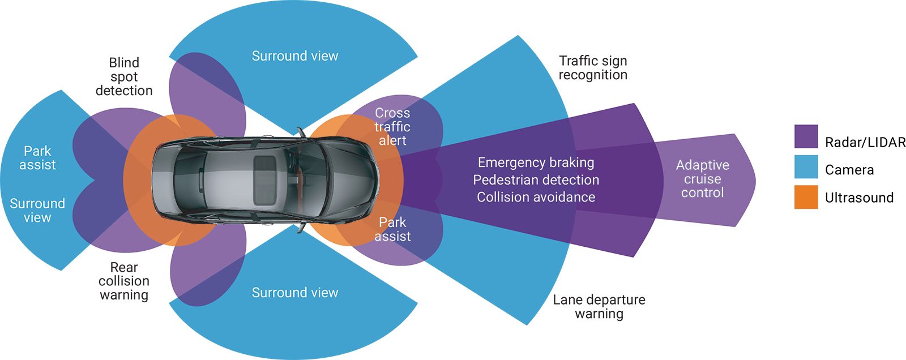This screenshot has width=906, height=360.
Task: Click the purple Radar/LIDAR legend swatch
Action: tap(806, 136)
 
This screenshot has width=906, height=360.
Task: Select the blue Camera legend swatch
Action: tap(806, 167)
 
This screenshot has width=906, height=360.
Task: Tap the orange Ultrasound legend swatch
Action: tap(806, 197)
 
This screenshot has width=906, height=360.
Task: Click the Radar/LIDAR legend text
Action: tap(865, 142)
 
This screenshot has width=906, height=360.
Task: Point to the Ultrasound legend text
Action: tap(859, 198)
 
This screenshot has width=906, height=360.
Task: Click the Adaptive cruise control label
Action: tap(702, 179)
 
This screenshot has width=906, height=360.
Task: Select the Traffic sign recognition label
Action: tap(593, 68)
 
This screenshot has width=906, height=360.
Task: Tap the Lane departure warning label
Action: tap(599, 307)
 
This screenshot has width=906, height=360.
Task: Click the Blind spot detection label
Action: tap(124, 76)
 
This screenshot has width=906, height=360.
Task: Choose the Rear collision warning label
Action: tap(124, 281)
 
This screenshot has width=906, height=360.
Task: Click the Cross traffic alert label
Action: tap(392, 127)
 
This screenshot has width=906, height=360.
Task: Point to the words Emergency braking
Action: tap(536, 163)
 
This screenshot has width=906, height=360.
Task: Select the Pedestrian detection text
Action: tap(536, 180)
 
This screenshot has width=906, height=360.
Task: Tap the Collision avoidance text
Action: tap(536, 197)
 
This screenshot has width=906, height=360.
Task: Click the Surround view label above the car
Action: tap(294, 56)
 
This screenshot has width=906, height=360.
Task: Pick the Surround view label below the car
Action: tap(294, 293)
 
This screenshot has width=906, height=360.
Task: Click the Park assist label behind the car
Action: tap(37, 158)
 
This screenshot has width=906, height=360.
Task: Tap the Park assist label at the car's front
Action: tap(392, 229)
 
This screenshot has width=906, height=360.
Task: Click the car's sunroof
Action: tap(264, 179)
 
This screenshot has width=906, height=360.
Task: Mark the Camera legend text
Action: tap(849, 170)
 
